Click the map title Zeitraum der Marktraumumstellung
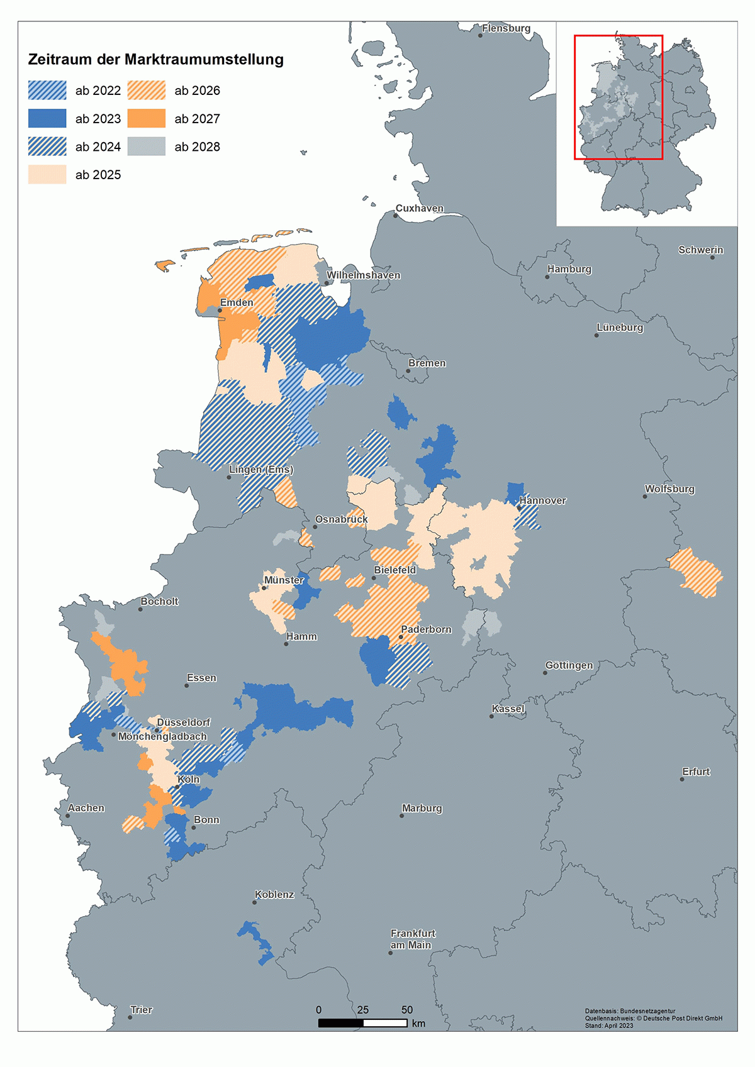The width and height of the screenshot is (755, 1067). [x=155, y=60]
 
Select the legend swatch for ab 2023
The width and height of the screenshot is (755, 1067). [x=47, y=119]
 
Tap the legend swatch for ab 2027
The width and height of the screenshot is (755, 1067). [x=146, y=119]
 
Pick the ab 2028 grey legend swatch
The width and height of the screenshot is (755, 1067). [x=146, y=147]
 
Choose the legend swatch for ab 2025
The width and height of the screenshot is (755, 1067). [x=47, y=175]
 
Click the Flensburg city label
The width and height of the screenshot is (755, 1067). [x=506, y=28]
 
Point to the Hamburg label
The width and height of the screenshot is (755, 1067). [x=569, y=269]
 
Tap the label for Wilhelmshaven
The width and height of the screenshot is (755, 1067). [x=363, y=275]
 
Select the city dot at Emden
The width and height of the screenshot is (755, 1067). [x=220, y=311]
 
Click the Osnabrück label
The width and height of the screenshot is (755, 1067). [x=342, y=519]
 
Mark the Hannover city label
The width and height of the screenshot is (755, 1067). [x=542, y=500]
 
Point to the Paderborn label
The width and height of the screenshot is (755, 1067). [x=426, y=629]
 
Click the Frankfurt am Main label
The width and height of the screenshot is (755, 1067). [x=412, y=939]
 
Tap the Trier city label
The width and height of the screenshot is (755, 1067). [x=141, y=1010]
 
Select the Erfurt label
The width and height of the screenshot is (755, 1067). [x=696, y=771]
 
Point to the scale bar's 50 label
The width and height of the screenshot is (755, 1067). [x=407, y=1010]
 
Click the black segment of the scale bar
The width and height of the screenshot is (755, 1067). [x=340, y=1023]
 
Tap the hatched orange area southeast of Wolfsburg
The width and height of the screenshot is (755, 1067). [x=695, y=573]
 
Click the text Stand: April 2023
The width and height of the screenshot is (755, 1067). [x=609, y=1026]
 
